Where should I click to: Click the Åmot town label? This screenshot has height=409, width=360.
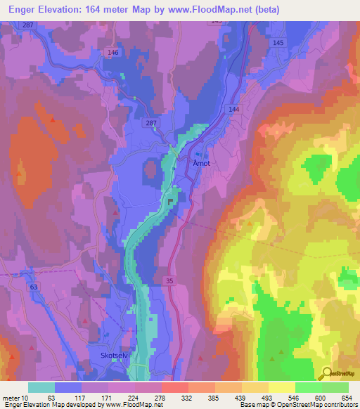pyautogui.click(x=202, y=162)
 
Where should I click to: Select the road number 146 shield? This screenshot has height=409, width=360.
pyautogui.click(x=113, y=52)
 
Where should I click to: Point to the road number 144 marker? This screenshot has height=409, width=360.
pyautogui.click(x=234, y=110)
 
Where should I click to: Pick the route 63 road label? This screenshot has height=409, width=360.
pyautogui.click(x=33, y=287)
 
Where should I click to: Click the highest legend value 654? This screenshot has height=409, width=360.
pyautogui.click(x=347, y=397)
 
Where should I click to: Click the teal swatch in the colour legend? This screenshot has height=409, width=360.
pyautogui.click(x=41, y=387)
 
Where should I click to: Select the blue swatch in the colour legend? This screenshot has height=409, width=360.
pyautogui.click(x=68, y=387)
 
